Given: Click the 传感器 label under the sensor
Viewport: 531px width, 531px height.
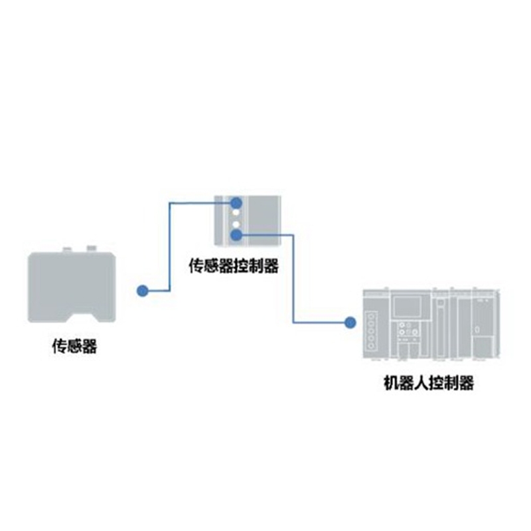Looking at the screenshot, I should (74, 346).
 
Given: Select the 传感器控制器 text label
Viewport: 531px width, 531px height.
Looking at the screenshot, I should (234, 267).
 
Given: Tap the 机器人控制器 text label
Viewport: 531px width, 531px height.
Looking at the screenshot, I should (429, 383).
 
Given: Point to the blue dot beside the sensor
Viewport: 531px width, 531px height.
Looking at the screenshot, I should (142, 290).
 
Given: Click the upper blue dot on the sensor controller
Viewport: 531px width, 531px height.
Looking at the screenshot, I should (235, 202).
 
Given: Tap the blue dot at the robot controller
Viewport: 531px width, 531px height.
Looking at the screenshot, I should (349, 323).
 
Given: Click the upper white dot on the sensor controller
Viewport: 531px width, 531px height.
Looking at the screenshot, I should (235, 213).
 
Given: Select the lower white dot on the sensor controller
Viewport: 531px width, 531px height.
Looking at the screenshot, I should (235, 224).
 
